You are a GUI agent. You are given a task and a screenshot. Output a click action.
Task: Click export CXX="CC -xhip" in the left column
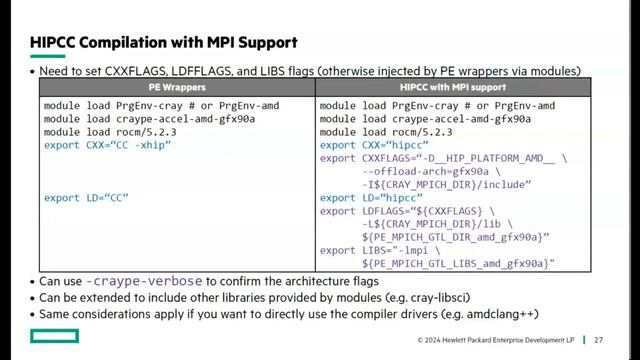108,145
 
